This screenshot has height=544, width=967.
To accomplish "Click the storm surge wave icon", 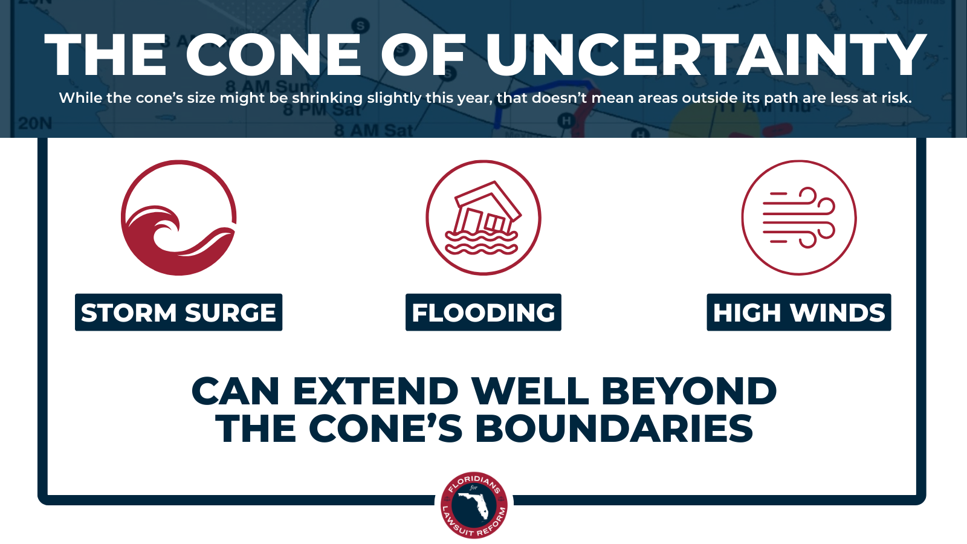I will point(178,218).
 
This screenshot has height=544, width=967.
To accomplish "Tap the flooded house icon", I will point(483,218).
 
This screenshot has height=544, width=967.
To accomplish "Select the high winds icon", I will point(798,218).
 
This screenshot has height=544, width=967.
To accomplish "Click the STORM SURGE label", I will point(178,312).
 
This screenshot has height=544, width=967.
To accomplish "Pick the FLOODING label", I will point(483,312).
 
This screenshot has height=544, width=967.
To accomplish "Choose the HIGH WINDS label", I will point(798,312).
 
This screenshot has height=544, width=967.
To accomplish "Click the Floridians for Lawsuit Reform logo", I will point(474,505).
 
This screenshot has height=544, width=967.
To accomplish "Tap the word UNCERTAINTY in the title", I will point(706,56).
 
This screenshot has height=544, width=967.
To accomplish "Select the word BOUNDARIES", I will point(613,429).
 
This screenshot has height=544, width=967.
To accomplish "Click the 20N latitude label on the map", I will point(34,123).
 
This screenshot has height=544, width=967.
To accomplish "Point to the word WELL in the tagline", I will point(530,391).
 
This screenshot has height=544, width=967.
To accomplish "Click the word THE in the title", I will point(105,56).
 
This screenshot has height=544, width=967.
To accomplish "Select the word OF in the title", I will point(423,56).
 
